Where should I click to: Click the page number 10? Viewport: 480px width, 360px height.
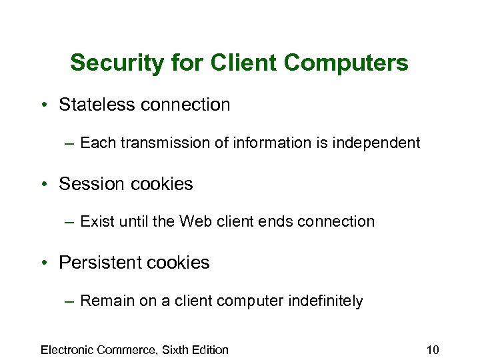(x=432, y=349)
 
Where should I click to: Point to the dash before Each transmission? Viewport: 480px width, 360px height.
(x=70, y=143)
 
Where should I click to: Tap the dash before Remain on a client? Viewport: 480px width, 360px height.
(x=70, y=301)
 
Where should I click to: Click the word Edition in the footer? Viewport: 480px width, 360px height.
(x=210, y=349)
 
